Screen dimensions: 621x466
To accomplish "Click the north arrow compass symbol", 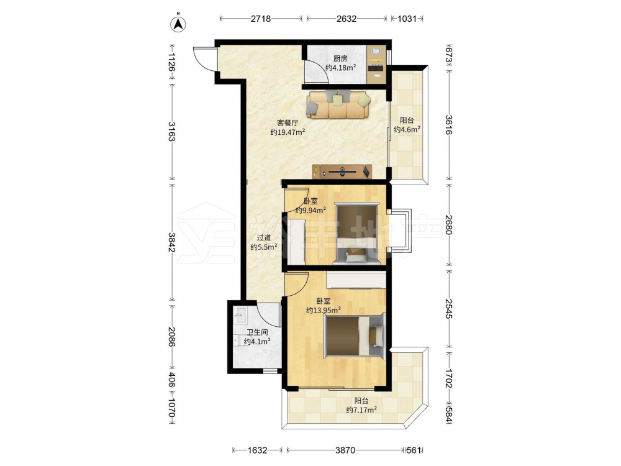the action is [x=179, y=24].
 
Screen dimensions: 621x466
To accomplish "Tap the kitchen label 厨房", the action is [x=340, y=58].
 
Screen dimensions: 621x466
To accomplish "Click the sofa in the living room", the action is [x=338, y=104].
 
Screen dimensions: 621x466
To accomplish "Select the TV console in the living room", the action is [x=342, y=171].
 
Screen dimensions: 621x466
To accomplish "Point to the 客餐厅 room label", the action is [x=288, y=123].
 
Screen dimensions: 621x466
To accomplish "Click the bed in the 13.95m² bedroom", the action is [x=355, y=336].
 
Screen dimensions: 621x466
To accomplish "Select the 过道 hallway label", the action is [x=264, y=238].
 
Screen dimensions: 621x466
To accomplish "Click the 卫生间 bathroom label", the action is [x=257, y=332].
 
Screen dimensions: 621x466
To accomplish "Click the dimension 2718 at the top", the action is [x=261, y=19].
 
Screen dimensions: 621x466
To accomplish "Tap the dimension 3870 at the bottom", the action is [x=345, y=450].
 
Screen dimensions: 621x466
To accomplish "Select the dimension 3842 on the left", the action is [x=171, y=242].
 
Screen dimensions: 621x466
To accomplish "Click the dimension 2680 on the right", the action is [x=448, y=225].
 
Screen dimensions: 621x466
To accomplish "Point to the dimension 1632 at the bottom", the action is [x=258, y=450].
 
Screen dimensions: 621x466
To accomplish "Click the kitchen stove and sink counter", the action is [x=376, y=64].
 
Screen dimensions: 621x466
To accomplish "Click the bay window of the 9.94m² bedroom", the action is [x=400, y=231].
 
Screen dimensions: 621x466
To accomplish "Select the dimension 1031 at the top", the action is [x=407, y=19].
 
